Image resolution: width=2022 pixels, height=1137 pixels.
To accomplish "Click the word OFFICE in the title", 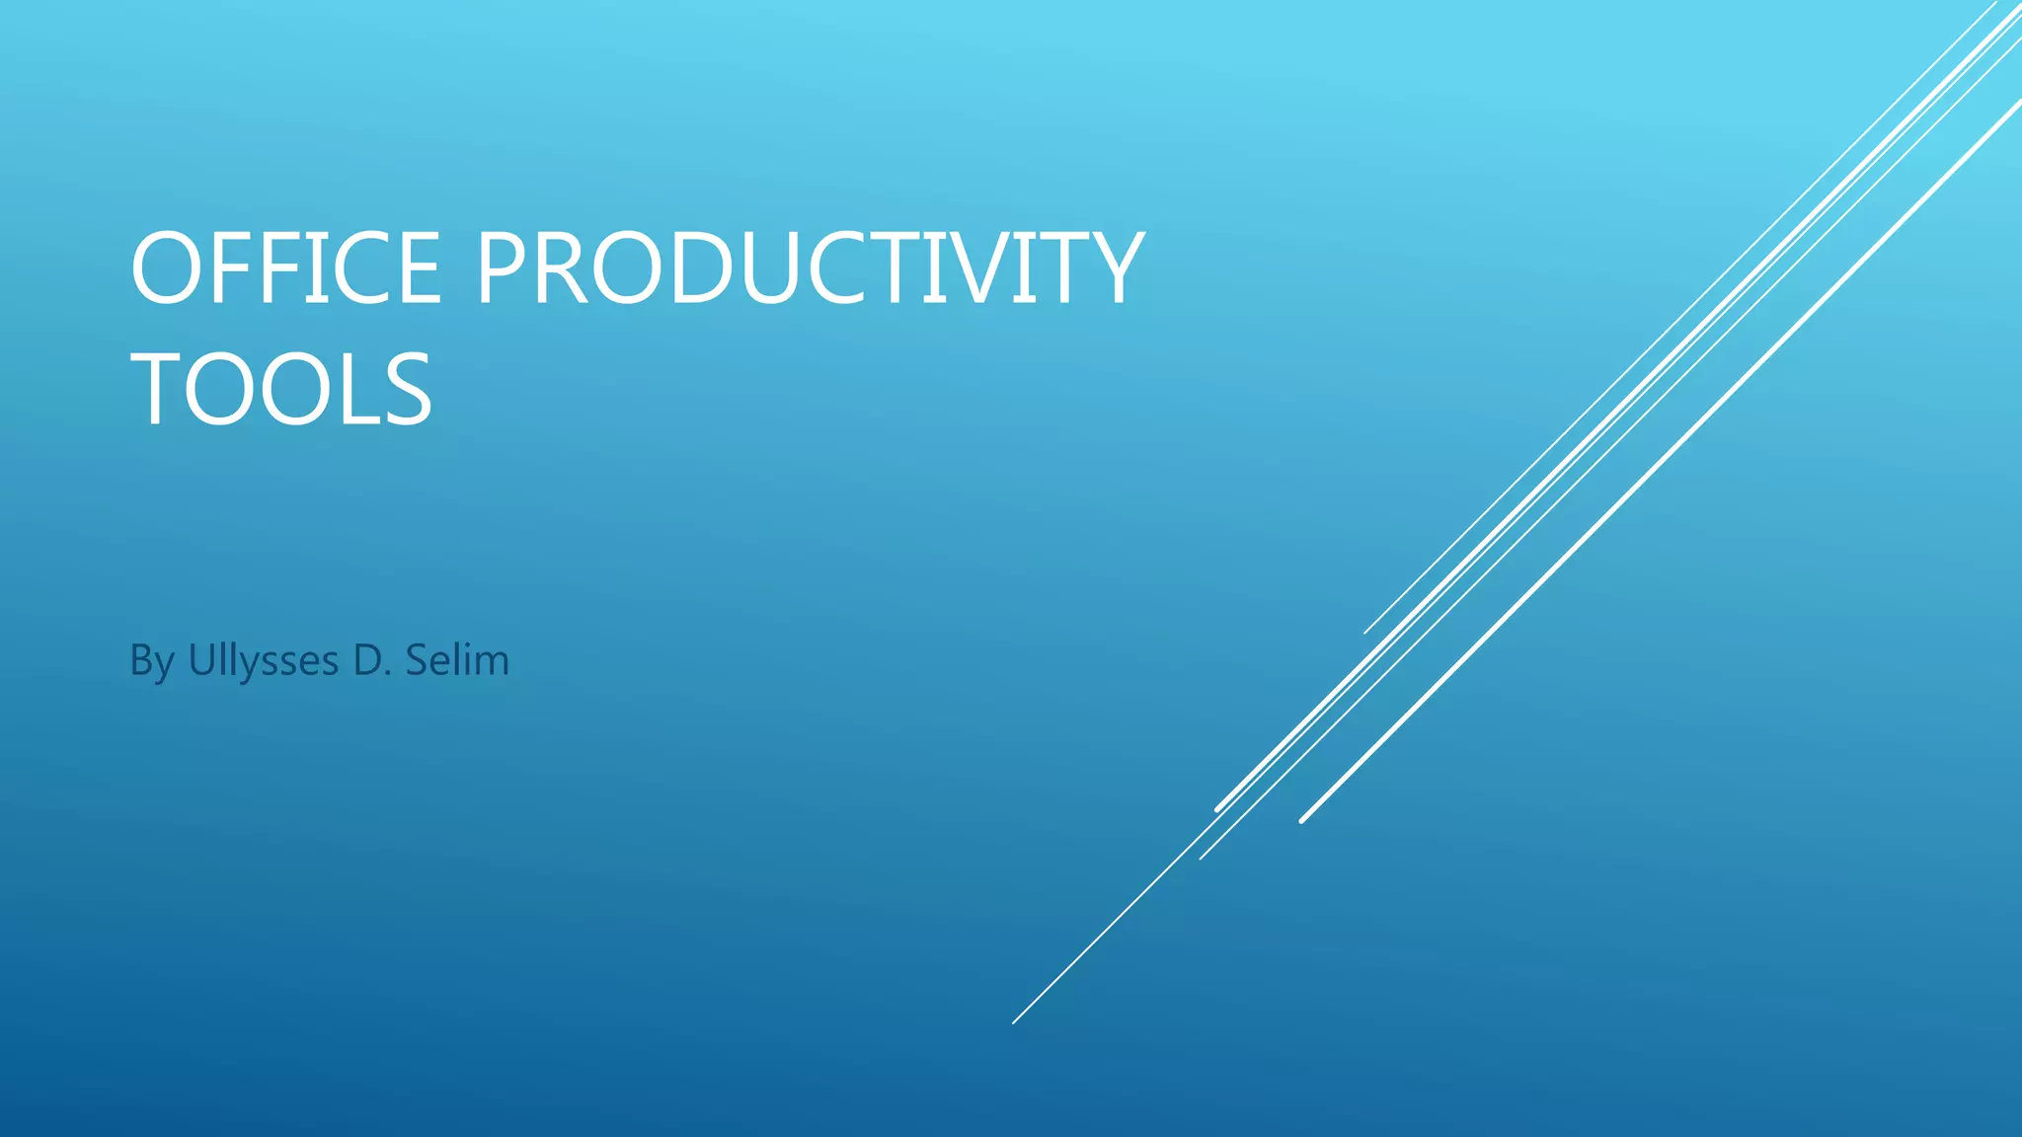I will (x=285, y=268).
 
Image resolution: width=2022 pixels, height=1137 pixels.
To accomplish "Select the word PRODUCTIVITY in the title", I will (x=810, y=268).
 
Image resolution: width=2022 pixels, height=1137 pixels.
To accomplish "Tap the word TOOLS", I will (x=281, y=390).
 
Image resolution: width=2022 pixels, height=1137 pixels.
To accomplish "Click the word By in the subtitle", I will (x=152, y=660).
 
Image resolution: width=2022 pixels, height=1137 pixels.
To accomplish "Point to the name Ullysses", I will (x=263, y=660).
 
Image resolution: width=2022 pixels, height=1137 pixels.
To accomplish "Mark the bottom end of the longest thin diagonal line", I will (x=1014, y=1023).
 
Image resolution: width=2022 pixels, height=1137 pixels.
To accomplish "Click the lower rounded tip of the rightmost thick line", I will (x=1302, y=820).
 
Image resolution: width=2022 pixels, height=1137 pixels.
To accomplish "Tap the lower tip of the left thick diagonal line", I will (x=1217, y=809).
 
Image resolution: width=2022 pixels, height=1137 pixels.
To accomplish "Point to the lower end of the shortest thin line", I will (x=1364, y=633).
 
